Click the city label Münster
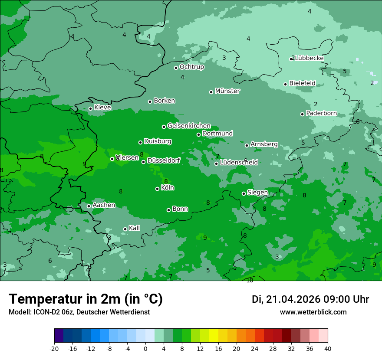[227, 91]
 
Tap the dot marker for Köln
[157, 189]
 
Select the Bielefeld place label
[302, 83]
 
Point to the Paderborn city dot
[302, 114]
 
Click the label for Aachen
[104, 205]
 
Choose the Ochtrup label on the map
[191, 67]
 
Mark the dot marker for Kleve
[90, 108]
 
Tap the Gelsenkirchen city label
[189, 126]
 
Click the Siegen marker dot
[244, 193]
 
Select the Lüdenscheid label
[239, 163]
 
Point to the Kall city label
[134, 228]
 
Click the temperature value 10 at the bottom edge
[250, 281]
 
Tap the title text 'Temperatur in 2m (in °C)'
[86, 299]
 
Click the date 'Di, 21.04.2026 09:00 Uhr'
[310, 299]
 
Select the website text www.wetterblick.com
[313, 312]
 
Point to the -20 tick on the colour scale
[54, 349]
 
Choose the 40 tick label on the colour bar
[328, 349]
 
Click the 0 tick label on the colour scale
[145, 349]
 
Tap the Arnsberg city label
[264, 144]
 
